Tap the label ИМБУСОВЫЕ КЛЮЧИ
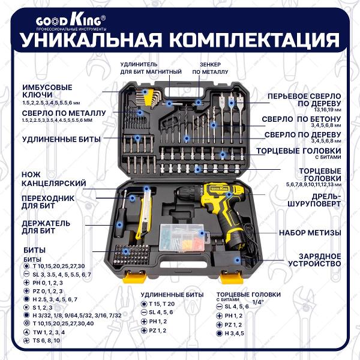point(52,90)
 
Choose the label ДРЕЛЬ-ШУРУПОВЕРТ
point(319,199)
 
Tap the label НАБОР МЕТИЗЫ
point(310,232)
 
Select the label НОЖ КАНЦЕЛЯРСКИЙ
point(54,178)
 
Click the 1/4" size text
point(259,301)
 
